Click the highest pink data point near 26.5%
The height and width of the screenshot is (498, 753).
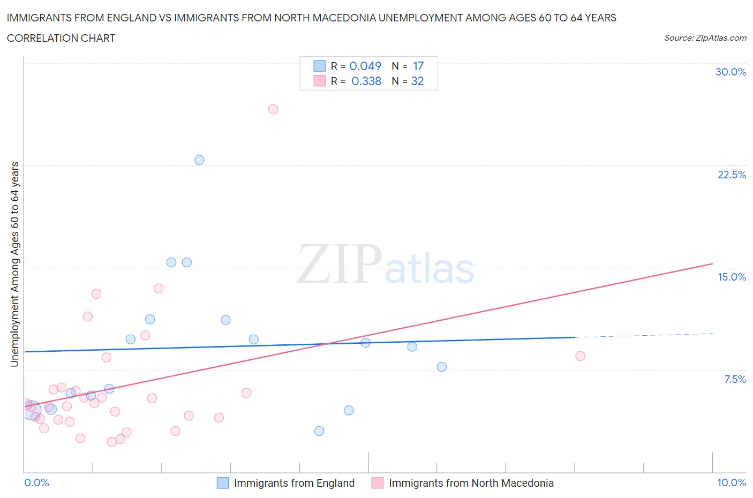[273, 109]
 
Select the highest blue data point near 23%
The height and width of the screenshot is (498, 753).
[199, 160]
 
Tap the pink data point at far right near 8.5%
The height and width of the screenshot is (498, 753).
[580, 356]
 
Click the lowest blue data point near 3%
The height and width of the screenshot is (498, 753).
[319, 431]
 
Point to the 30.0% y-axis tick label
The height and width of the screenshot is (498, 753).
[731, 72]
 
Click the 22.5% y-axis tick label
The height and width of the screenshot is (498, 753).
[732, 175]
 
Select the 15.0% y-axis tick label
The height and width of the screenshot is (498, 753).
[732, 277]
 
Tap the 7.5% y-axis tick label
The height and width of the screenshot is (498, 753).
[735, 379]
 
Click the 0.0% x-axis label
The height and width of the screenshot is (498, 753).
[36, 482]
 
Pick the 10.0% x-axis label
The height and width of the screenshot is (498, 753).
[732, 482]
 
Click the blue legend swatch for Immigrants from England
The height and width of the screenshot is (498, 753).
[223, 483]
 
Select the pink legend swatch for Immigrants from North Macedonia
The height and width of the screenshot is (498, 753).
[378, 483]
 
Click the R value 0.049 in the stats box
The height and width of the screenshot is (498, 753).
[365, 66]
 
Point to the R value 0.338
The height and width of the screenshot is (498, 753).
[366, 81]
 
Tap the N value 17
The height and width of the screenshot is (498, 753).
[418, 66]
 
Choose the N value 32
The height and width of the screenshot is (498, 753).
[417, 81]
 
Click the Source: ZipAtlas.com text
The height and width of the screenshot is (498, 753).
[705, 38]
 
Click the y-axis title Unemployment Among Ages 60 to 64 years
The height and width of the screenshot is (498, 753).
[15, 264]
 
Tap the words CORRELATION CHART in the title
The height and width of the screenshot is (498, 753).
[61, 38]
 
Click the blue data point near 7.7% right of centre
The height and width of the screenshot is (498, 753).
[441, 367]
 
